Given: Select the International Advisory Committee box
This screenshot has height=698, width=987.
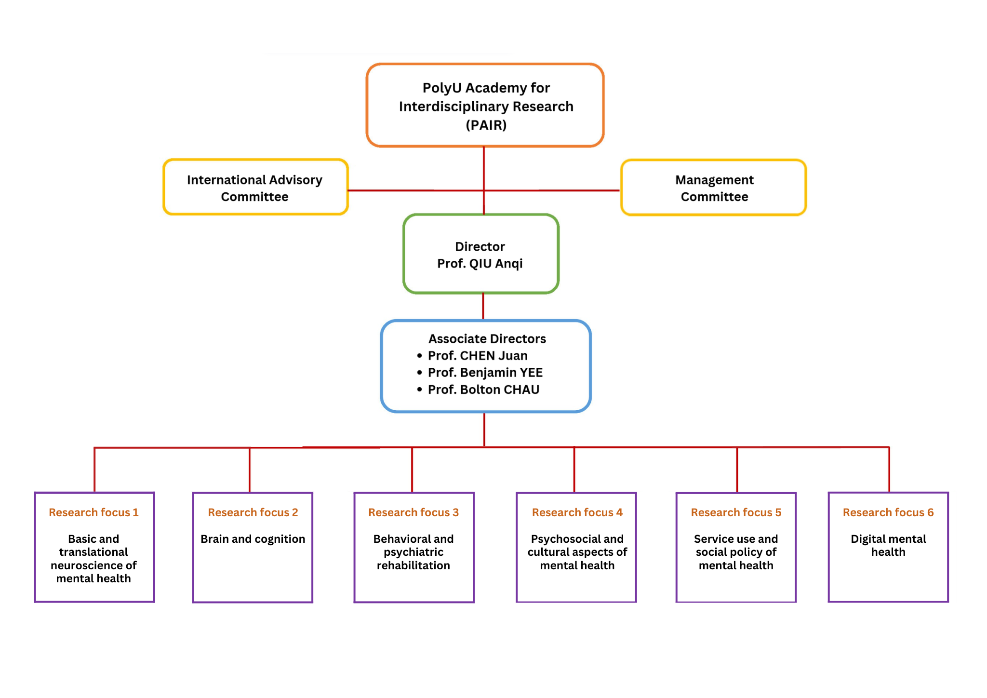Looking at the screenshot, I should (x=255, y=188).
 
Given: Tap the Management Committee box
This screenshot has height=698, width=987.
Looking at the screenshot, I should (x=714, y=188).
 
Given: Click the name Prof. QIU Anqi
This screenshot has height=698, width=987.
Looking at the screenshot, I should (x=480, y=264).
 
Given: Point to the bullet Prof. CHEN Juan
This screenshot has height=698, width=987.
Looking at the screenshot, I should (x=477, y=356).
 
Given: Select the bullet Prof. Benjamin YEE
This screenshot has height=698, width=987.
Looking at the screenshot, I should (x=485, y=373).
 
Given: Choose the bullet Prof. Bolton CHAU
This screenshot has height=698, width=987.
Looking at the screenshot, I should (x=483, y=389).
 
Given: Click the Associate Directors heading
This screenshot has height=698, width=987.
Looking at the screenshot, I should (x=487, y=339).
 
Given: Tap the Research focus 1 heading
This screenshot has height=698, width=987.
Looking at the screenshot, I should (x=93, y=512).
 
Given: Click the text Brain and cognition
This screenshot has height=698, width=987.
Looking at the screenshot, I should (x=253, y=539).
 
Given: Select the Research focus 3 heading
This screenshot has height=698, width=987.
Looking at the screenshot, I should (x=413, y=512).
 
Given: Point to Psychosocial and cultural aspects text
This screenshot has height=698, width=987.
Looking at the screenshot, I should (x=577, y=552).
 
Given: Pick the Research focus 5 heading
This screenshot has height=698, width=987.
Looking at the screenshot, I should (x=736, y=512).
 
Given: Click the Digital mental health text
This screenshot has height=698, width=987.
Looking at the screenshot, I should (x=888, y=545).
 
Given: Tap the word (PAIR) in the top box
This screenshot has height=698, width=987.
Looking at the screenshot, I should (x=486, y=125).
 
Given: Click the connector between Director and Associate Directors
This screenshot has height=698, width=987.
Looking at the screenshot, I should (x=483, y=306).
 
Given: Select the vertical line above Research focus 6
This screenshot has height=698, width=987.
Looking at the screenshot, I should (x=889, y=470).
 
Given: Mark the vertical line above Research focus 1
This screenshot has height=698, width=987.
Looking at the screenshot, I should (x=94, y=470).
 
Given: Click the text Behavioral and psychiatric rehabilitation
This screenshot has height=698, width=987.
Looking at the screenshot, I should (x=413, y=552).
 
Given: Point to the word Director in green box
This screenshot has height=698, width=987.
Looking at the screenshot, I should (x=480, y=247).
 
